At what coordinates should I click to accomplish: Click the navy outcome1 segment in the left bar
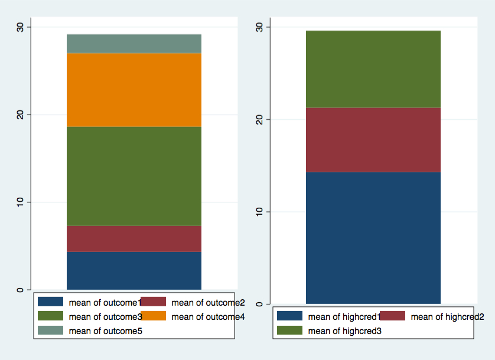(x=134, y=270)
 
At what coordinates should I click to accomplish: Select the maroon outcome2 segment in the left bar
(x=134, y=238)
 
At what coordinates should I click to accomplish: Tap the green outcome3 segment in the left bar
(x=134, y=176)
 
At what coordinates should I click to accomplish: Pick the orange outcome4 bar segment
(x=134, y=90)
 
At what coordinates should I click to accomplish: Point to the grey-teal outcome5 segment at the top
(x=134, y=44)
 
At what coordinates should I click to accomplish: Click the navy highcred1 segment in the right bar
(x=373, y=237)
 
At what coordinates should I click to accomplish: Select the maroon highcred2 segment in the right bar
(x=373, y=139)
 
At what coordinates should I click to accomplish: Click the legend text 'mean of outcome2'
(x=207, y=303)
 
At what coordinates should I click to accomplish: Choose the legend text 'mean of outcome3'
(x=105, y=317)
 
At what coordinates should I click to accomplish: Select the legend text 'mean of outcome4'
(x=207, y=317)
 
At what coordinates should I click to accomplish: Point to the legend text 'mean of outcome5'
(x=105, y=331)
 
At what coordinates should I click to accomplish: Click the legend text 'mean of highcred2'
(x=447, y=317)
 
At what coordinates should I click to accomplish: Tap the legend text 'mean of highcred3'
(x=344, y=331)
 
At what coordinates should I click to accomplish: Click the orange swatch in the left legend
(x=153, y=317)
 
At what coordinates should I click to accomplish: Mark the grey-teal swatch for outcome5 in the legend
(x=51, y=331)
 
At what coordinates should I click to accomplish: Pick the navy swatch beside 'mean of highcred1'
(x=289, y=317)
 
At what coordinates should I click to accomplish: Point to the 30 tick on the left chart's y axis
(x=19, y=27)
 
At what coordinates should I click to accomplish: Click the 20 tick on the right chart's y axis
(x=259, y=119)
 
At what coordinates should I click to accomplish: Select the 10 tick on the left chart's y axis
(x=19, y=202)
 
